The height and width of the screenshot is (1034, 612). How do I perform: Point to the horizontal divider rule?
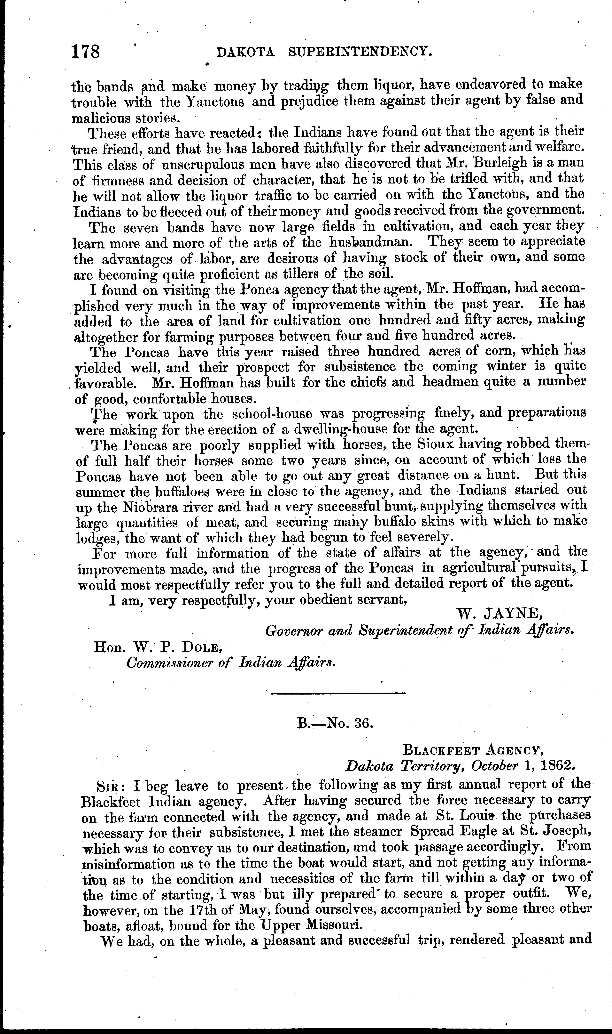[338, 693]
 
